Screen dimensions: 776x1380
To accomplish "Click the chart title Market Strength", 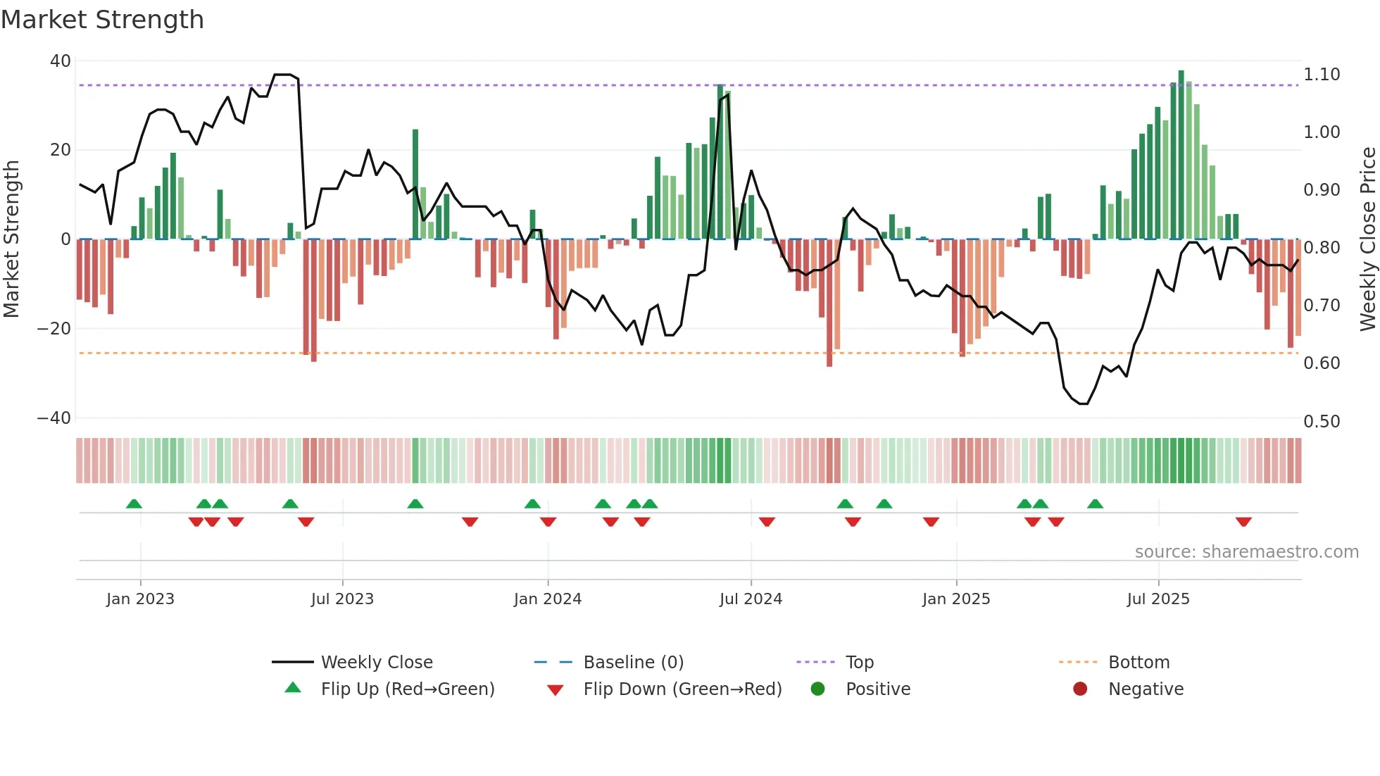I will tap(102, 20).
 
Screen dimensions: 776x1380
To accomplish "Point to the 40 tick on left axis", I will tap(61, 61).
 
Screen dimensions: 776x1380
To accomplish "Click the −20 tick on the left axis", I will tap(54, 329).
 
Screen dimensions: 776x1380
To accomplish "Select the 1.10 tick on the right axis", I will tap(1322, 75).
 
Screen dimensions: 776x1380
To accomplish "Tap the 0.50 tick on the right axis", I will tap(1322, 422).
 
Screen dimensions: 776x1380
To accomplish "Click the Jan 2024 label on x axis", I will tap(547, 599).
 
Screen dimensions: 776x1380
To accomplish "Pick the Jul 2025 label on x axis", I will tap(1158, 599).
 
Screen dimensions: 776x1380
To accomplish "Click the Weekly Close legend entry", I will tap(376, 663).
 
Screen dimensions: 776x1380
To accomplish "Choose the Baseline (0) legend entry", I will tap(633, 663).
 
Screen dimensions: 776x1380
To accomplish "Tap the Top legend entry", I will tap(859, 663).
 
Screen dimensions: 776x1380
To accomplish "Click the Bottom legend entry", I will tap(1138, 663).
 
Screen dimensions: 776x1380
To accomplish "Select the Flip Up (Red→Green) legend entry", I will tap(407, 689).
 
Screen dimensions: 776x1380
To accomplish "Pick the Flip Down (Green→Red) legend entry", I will tap(682, 689).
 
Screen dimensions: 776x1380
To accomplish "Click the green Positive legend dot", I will tap(817, 689).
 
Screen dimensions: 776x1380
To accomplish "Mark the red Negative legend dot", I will tap(1080, 689).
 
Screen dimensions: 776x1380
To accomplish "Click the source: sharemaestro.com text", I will tap(1246, 552).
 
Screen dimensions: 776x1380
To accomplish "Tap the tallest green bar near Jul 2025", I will tap(1181, 155).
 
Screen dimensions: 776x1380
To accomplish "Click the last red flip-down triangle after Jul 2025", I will tap(1243, 522).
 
